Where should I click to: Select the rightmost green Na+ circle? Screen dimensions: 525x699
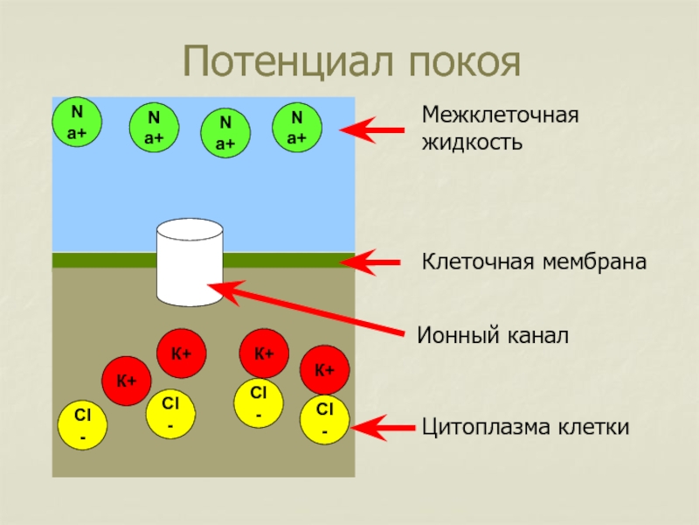(x=298, y=127)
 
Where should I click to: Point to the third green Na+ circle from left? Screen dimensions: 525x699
(x=226, y=133)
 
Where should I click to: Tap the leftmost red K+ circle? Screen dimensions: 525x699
(x=127, y=381)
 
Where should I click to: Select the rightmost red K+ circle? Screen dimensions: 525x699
(x=325, y=370)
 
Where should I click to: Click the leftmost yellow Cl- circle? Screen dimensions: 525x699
(x=82, y=425)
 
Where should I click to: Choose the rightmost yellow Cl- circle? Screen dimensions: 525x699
(x=324, y=420)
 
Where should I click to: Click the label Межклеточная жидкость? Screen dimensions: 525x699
(x=501, y=128)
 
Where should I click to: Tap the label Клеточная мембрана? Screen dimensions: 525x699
(x=535, y=262)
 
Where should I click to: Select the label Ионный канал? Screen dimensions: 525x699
(x=493, y=334)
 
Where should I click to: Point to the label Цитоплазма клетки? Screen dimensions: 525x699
(x=526, y=428)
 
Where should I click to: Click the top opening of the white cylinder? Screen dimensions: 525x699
(x=190, y=231)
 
